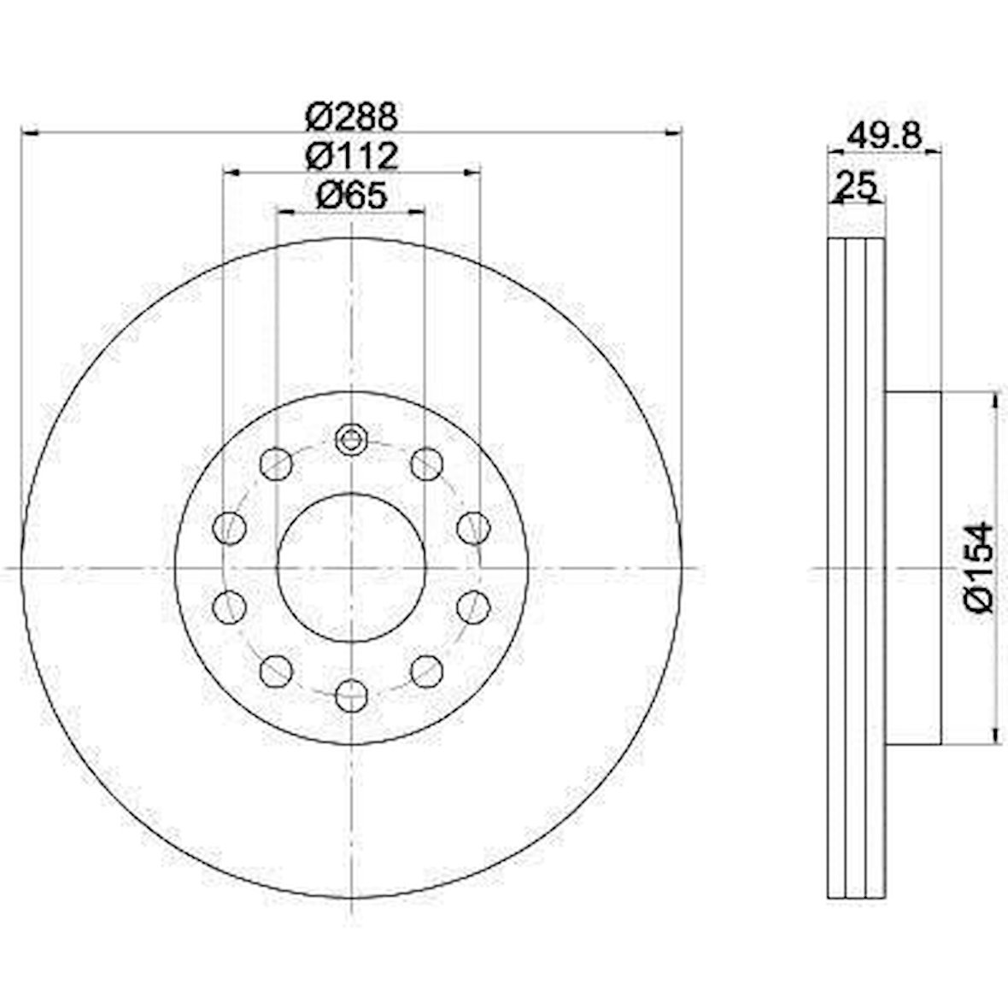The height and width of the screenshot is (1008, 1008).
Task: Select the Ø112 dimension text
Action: (352, 156)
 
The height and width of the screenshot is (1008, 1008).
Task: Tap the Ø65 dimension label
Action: (352, 196)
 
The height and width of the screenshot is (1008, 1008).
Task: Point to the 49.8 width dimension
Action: (885, 136)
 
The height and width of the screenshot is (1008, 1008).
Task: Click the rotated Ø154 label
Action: (979, 567)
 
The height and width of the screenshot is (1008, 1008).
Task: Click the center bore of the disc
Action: (352, 568)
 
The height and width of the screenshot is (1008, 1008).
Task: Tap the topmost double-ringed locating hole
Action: (351, 440)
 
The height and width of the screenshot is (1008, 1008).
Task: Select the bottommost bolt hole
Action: (352, 695)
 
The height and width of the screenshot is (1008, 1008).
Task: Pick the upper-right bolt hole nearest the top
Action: (427, 464)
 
